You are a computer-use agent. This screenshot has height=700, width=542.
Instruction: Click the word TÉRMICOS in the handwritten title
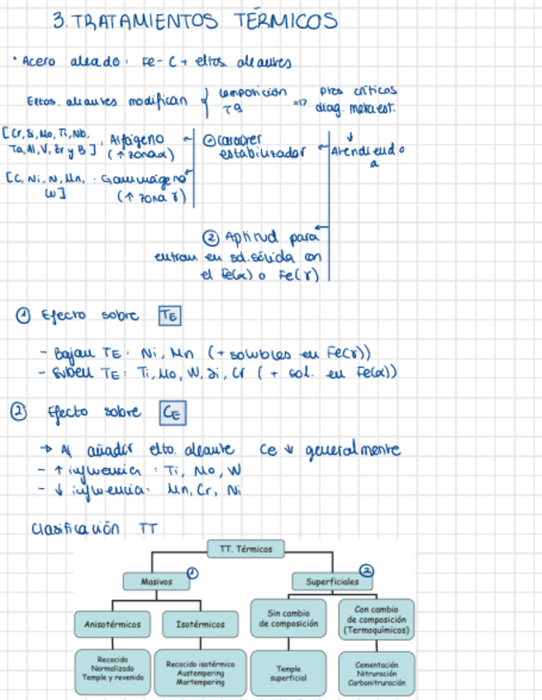pos(273,20)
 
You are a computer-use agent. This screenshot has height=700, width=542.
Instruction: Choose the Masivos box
pos(155,582)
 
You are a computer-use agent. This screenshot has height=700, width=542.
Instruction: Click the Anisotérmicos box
pos(112,625)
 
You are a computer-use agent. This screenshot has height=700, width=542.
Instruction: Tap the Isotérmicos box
pos(200,625)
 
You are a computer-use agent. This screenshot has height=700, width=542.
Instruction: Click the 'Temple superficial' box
pos(289,672)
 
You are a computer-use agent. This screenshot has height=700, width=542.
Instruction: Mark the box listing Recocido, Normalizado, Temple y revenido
pos(112,670)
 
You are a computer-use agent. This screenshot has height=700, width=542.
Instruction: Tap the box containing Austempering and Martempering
pos(200,670)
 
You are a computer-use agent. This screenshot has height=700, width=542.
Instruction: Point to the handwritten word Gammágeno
pos(143,180)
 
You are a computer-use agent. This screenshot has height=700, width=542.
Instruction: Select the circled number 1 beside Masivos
pos(191,571)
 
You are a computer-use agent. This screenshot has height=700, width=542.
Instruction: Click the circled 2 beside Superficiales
pos(367,570)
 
